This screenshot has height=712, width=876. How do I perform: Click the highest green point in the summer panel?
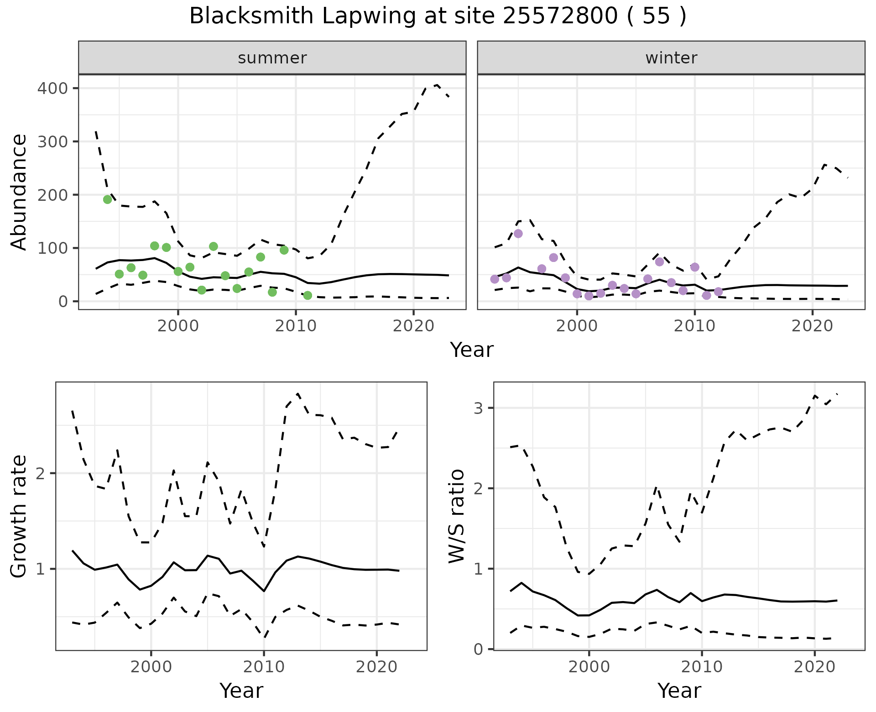tap(108, 199)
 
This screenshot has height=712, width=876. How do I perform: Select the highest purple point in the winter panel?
tap(518, 234)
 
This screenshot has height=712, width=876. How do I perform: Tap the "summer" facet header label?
tap(272, 58)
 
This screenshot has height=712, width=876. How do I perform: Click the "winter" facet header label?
tap(671, 58)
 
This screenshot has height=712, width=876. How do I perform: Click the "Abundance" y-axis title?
tap(19, 192)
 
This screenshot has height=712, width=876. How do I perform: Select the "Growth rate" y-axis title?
tap(19, 516)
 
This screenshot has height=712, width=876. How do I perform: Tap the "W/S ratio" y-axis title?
tap(457, 516)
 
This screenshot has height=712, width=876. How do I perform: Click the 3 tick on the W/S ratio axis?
tap(479, 408)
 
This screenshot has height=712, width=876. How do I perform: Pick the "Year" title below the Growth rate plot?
tap(241, 691)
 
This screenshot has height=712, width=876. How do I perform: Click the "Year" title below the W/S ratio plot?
tap(679, 691)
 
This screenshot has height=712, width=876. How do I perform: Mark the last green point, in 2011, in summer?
tap(308, 295)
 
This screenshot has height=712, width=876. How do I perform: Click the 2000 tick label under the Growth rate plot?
tap(151, 667)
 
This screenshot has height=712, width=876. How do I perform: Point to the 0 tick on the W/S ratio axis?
tap(479, 649)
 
